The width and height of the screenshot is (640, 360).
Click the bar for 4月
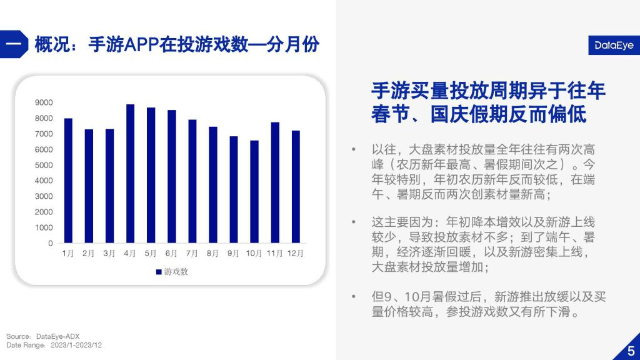click(x=130, y=174)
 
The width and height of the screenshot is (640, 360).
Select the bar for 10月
click(x=254, y=192)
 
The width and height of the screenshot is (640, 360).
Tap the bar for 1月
click(x=68, y=181)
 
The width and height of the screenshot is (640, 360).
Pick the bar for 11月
click(x=275, y=183)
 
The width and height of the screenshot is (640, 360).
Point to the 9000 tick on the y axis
click(x=44, y=102)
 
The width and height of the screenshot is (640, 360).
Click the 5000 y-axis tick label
click(x=44, y=165)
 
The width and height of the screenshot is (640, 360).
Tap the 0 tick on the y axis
click(x=51, y=243)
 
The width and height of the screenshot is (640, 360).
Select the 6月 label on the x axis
click(x=171, y=254)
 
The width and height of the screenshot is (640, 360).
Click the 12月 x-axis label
click(x=296, y=254)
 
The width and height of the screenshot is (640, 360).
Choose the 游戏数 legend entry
click(x=172, y=272)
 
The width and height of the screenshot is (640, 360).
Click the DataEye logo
click(x=614, y=45)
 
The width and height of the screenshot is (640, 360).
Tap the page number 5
click(x=631, y=351)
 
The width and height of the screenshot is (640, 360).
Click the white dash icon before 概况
click(x=13, y=44)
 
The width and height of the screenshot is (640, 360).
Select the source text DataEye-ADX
click(x=58, y=336)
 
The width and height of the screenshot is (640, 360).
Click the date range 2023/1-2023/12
click(x=76, y=345)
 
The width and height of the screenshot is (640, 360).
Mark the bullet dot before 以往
click(x=354, y=149)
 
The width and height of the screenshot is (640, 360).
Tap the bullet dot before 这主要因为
click(x=354, y=222)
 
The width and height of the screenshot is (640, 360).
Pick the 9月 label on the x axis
click(x=234, y=254)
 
